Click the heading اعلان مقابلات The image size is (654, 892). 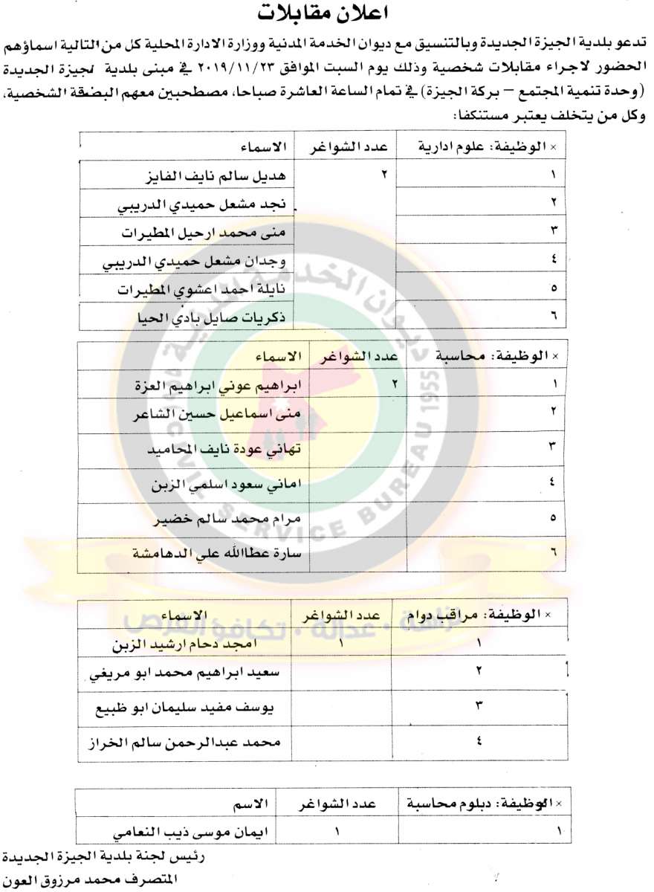click(x=326, y=13)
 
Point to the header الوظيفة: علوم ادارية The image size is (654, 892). click(x=491, y=148)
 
